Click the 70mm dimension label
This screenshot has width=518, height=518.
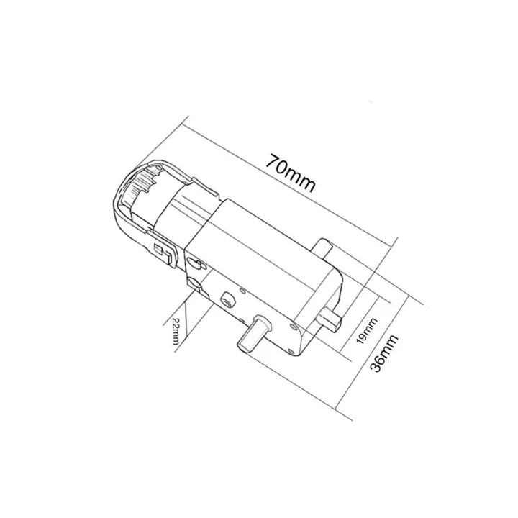[291, 173]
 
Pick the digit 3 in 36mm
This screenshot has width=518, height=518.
[376, 366]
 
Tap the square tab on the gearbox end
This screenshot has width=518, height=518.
[333, 317]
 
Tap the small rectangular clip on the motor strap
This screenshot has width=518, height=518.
[163, 253]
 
